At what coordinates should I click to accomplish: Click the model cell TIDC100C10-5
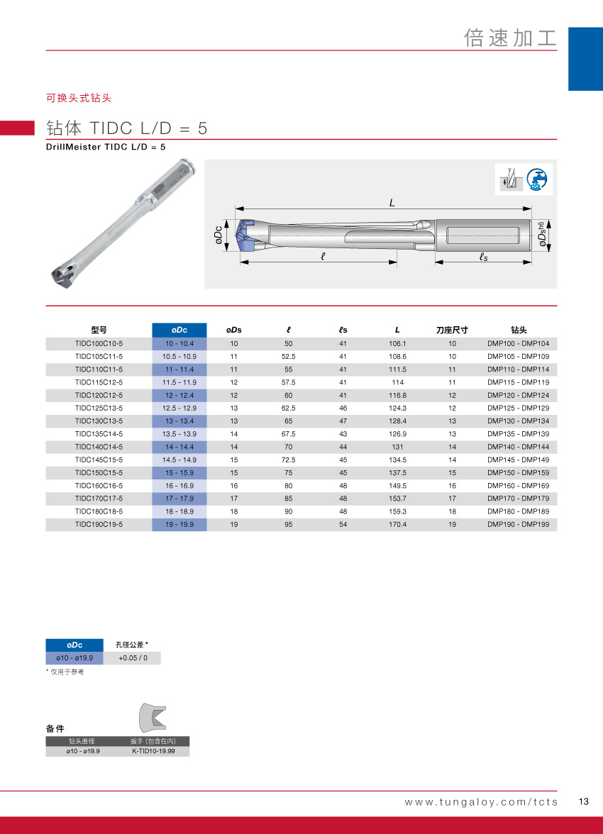tap(99, 343)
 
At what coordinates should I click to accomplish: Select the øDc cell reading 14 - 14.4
tap(179, 447)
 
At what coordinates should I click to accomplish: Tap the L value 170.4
tap(397, 525)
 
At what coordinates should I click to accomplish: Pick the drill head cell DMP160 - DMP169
tap(518, 486)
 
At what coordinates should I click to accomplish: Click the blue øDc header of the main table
tap(179, 330)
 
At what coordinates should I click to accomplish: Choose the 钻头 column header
tap(518, 330)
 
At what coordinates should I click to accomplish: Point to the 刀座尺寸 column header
tap(452, 330)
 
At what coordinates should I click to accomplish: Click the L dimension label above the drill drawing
tap(392, 203)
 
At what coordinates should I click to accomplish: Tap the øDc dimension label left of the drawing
tap(220, 235)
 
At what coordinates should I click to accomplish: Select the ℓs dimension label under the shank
tap(483, 257)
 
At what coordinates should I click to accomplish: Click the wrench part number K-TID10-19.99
tap(153, 750)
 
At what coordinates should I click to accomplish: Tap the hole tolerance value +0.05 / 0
tap(133, 658)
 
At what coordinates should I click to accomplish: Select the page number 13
tap(584, 802)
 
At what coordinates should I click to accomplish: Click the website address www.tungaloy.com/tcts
tap(481, 802)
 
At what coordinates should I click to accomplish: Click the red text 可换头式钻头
tap(79, 98)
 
